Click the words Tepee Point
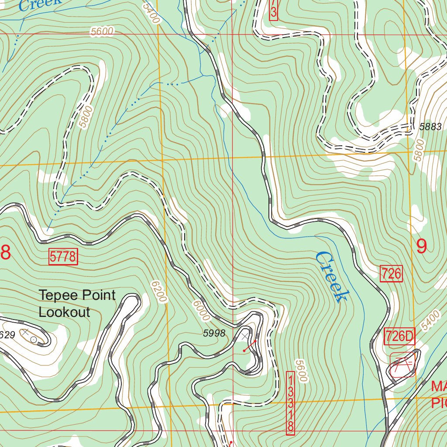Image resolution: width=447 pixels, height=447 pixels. tap(77, 295)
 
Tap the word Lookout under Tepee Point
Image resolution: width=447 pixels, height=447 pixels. tap(64, 312)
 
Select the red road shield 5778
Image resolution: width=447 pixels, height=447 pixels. tap(63, 257)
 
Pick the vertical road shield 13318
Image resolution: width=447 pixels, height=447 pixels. tap(290, 403)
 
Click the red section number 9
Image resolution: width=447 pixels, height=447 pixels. tap(421, 247)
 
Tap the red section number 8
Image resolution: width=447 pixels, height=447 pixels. tap(5, 252)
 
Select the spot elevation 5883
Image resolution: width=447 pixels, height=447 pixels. tap(430, 127)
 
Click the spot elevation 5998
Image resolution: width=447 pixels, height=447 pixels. tap(214, 334)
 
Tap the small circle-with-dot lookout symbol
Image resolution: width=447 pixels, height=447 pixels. tap(34, 339)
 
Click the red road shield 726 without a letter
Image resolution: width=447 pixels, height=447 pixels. tap(391, 274)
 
